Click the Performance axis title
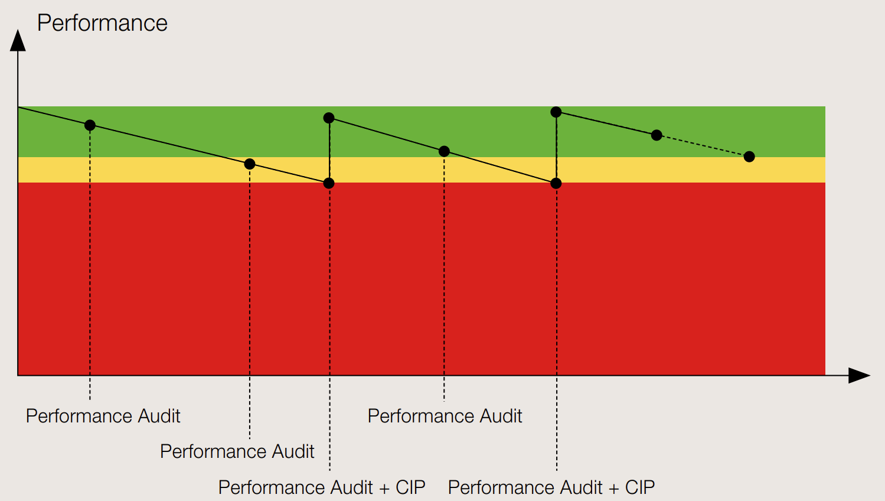pos(102,23)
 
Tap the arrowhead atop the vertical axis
pos(18,41)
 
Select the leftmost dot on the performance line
pos(90,125)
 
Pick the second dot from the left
pos(250,164)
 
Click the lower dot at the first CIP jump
pos(329,183)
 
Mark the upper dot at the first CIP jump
pos(329,118)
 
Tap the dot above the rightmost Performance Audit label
pos(444,151)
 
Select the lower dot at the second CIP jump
pos(556,184)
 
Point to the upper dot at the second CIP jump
pos(556,112)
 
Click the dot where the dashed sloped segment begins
pos(657,135)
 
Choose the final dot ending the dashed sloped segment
pos(749,157)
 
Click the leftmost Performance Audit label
pos(103,416)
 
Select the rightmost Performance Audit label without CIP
pos(445,416)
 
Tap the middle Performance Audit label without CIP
pos(237,451)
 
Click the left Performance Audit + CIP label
pos(322,487)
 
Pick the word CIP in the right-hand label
pos(640,487)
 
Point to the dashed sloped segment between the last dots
pos(703,146)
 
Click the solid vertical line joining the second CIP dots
pos(556,148)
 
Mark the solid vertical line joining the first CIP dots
pos(329,151)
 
